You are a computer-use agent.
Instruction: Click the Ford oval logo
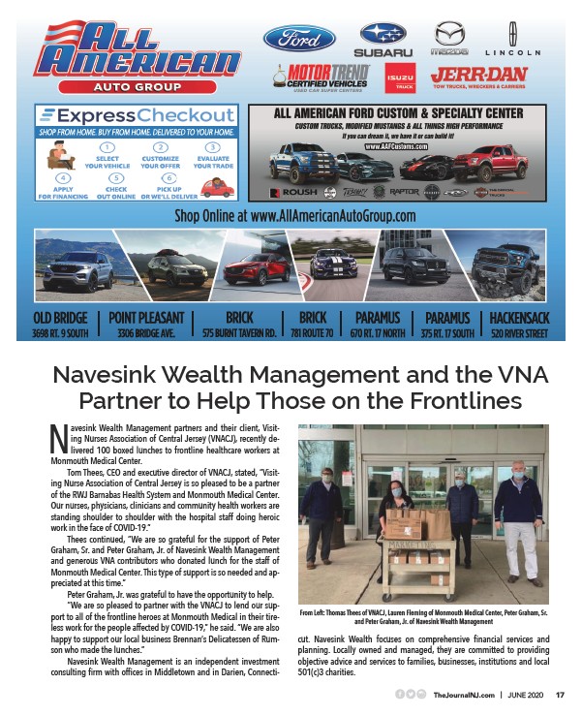[299, 39]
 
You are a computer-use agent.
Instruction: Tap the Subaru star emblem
[383, 35]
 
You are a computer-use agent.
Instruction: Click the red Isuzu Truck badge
[398, 78]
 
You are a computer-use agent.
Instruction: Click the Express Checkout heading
[136, 115]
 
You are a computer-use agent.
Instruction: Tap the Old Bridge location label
[62, 318]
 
